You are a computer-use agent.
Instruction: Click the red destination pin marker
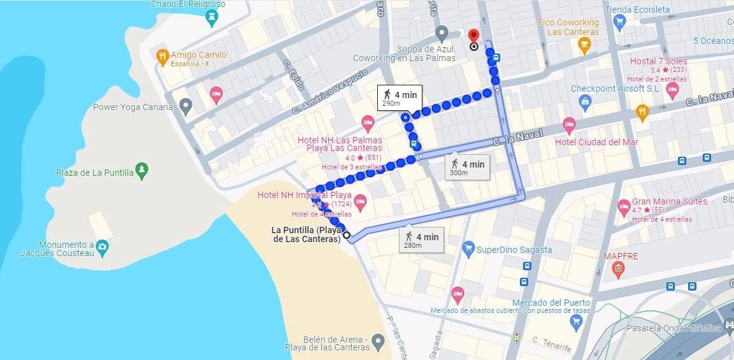[473, 36]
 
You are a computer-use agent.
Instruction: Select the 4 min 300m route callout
[467, 168]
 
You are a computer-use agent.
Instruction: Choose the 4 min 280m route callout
[421, 240]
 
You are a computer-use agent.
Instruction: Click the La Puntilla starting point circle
[347, 235]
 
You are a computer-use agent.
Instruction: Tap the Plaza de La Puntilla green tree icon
[143, 171]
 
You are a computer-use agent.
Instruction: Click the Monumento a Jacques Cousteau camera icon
[102, 246]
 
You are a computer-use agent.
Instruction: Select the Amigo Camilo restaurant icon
[162, 56]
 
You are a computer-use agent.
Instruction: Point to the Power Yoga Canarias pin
[185, 106]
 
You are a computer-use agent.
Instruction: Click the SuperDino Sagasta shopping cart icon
[468, 247]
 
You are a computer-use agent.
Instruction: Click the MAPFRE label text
[621, 256]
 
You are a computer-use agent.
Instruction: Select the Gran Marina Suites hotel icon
[624, 206]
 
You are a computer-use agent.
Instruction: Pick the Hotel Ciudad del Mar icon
[569, 125]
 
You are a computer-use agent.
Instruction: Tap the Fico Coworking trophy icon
[584, 45]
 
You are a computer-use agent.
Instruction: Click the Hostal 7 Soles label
[658, 61]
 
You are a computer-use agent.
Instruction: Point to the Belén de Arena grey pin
[378, 343]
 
